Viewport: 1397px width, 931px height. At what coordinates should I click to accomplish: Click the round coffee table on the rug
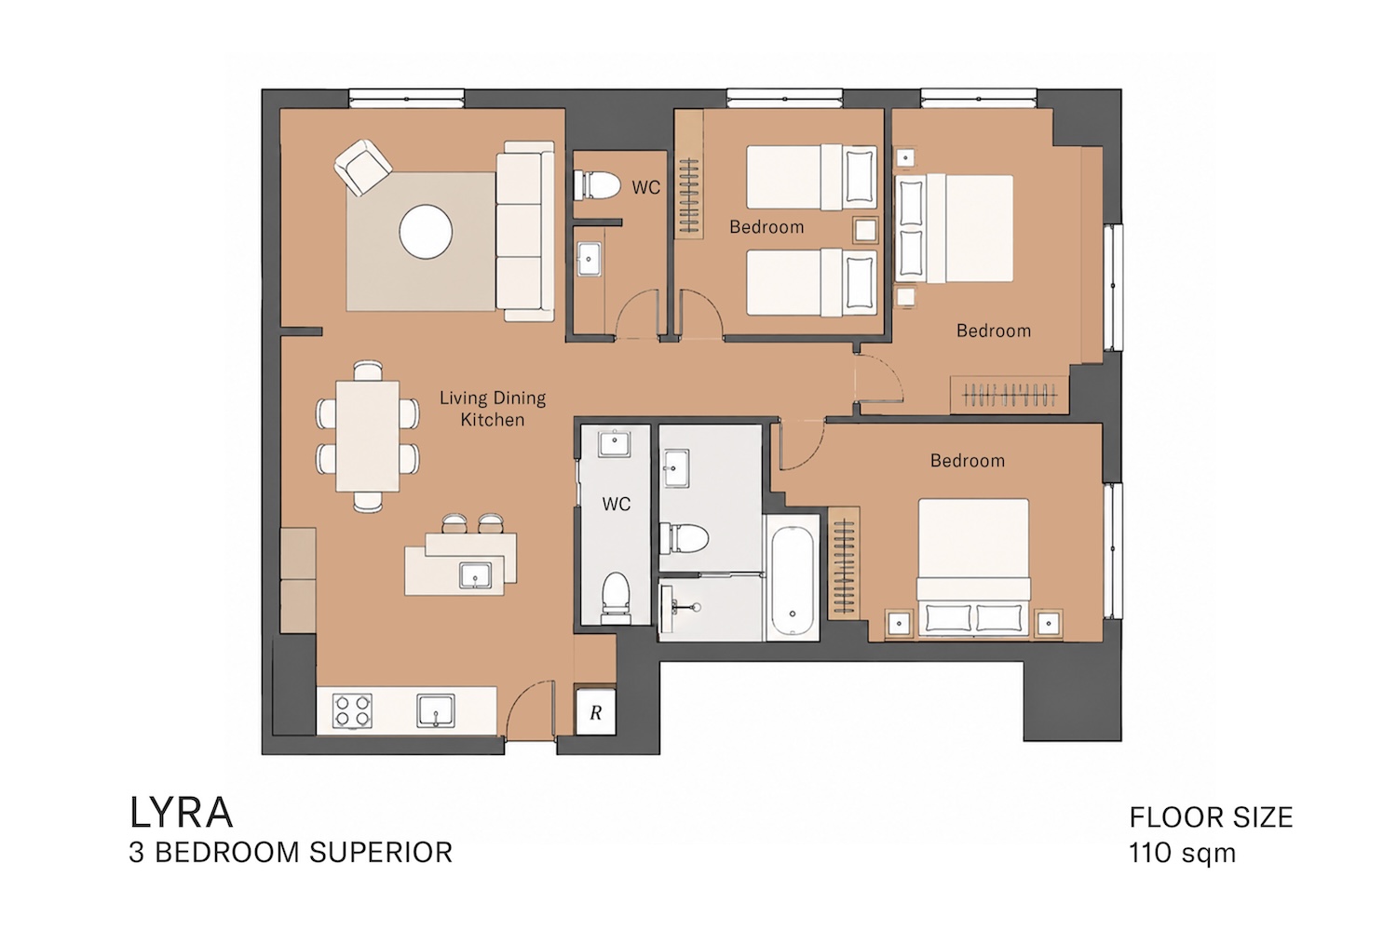pyautogui.click(x=426, y=231)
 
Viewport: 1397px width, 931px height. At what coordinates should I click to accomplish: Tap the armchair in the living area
pyautogui.click(x=363, y=168)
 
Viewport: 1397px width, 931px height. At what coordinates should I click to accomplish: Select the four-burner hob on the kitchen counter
pyautogui.click(x=352, y=711)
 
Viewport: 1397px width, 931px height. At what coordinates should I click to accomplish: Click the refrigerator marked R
pyautogui.click(x=596, y=711)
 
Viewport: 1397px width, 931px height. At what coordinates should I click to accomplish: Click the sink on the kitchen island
pyautogui.click(x=475, y=575)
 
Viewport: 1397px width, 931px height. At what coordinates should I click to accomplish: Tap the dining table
pyautogui.click(x=367, y=436)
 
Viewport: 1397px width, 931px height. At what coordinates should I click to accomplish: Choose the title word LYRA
pyautogui.click(x=181, y=813)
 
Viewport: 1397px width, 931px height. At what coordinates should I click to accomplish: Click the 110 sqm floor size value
pyautogui.click(x=1182, y=853)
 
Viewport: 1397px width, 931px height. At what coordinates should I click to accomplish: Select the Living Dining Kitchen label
pyautogui.click(x=493, y=409)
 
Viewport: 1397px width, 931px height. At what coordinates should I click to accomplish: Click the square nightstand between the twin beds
pyautogui.click(x=865, y=230)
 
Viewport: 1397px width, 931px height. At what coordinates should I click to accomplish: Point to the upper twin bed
pyautogui.click(x=811, y=177)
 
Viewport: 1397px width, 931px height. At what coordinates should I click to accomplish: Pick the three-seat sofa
pyautogui.click(x=525, y=231)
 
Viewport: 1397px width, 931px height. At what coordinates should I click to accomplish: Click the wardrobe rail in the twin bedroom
pyautogui.click(x=689, y=197)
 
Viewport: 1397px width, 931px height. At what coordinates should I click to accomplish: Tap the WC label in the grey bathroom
pyautogui.click(x=617, y=504)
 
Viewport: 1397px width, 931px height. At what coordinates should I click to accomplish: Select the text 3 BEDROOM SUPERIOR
pyautogui.click(x=291, y=853)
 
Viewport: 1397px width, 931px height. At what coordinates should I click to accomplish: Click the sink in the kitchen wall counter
pyautogui.click(x=435, y=711)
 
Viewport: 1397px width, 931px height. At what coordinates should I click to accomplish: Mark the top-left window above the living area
pyautogui.click(x=407, y=99)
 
